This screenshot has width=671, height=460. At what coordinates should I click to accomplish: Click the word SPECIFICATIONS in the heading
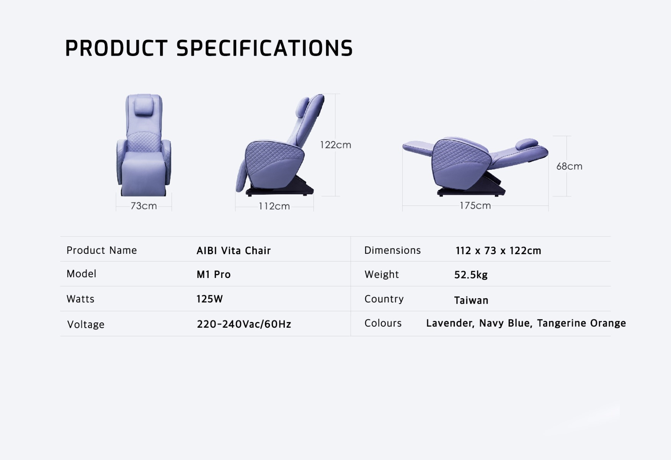point(264,48)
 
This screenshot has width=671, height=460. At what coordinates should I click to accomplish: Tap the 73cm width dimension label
point(144,206)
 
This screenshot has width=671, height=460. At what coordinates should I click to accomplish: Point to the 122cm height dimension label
point(336,145)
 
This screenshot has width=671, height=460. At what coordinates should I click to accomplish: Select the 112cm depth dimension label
point(274,206)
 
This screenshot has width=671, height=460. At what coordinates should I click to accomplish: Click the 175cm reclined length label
point(475,205)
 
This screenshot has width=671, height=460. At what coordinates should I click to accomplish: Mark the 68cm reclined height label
point(569,166)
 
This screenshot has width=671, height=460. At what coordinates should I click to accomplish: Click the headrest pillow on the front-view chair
point(144,106)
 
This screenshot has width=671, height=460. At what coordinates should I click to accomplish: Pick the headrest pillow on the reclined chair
point(527,144)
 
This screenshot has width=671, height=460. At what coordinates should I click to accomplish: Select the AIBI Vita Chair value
point(233,251)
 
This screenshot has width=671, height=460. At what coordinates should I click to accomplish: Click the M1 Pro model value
point(214,274)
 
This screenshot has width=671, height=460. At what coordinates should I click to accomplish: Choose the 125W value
point(209,299)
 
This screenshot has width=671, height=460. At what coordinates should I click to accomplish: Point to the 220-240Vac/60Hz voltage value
point(244,324)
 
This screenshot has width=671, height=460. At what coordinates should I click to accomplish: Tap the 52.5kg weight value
point(471,275)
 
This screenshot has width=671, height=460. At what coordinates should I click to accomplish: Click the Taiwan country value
point(471,300)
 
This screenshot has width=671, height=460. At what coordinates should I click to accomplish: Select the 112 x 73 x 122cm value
point(498,251)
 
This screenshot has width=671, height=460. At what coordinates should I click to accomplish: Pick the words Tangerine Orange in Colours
point(581,323)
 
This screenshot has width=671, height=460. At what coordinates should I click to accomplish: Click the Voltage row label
point(86,325)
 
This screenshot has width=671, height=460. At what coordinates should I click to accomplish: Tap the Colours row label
point(383,323)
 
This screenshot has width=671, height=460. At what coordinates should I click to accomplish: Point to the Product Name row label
point(101,250)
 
